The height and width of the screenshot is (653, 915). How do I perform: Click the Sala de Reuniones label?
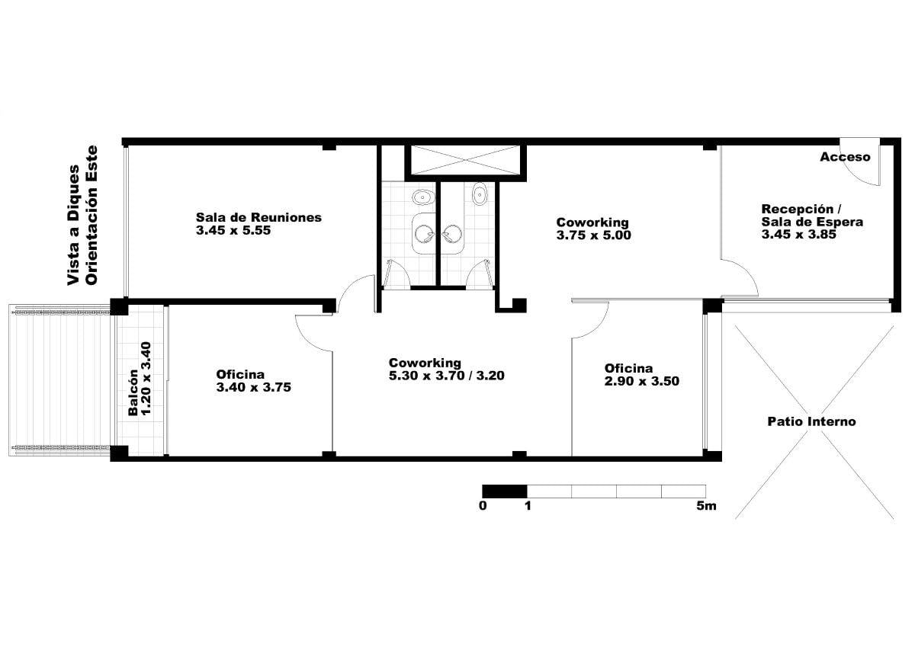click(258, 217)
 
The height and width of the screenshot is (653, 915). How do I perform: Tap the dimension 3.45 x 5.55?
click(233, 230)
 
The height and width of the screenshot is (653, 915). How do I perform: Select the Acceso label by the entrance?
click(845, 157)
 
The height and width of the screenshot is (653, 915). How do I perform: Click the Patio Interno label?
click(811, 421)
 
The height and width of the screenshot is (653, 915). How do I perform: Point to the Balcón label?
click(133, 392)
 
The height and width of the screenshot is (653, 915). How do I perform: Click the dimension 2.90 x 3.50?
click(642, 381)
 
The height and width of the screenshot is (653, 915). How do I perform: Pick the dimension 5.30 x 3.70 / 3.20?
click(447, 376)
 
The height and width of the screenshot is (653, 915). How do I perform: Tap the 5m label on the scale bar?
click(706, 506)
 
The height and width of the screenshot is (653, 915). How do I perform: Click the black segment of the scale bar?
click(505, 491)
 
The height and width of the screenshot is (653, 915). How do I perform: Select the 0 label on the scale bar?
click(483, 506)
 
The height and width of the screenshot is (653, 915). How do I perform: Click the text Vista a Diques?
click(73, 225)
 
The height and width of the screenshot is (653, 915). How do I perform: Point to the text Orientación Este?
click(91, 216)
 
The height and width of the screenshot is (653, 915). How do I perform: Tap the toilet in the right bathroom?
click(480, 194)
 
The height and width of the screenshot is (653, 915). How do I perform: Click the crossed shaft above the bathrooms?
click(465, 160)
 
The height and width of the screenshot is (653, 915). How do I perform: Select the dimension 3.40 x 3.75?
click(254, 387)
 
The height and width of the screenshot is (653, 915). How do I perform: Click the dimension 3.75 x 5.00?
click(593, 235)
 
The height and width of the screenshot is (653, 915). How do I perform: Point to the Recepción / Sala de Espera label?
click(812, 216)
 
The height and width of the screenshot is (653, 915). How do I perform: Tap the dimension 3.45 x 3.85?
click(798, 234)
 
